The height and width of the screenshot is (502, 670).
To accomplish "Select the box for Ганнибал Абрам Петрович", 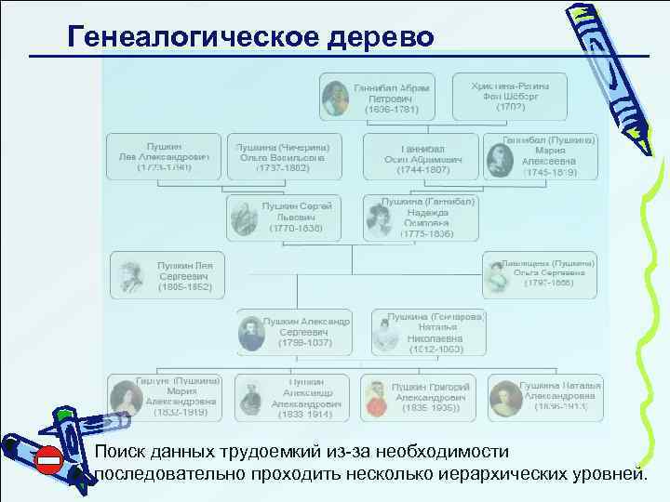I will pos(377,96).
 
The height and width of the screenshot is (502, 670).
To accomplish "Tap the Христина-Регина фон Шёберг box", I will pos(510,94).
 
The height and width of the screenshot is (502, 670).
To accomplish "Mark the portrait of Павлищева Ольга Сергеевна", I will pos(495,275).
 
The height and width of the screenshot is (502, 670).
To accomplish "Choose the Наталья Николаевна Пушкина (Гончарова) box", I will pos(429,332).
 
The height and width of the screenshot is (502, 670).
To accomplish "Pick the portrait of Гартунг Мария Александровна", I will pos(125,399).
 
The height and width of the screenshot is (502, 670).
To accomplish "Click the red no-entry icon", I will pos(47,459).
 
